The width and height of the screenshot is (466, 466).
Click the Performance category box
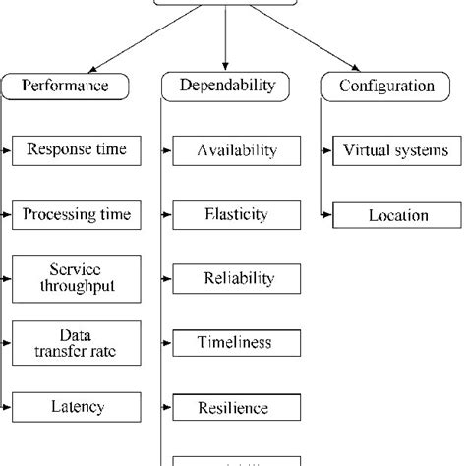pos(67,87)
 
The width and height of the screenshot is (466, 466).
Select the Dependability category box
pos(226,87)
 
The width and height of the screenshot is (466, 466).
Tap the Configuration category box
pos(385,87)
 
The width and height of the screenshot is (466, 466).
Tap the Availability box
pos(237,150)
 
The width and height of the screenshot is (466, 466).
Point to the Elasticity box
pos(237,214)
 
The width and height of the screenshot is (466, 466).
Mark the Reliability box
pos(237,278)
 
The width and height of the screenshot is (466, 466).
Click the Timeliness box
pos(237,343)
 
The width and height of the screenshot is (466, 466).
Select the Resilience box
pos(237,405)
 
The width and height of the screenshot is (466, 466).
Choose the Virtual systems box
pos(396,150)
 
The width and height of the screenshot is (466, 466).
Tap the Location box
pos(396,214)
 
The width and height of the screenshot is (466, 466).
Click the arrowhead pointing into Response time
pos(10,150)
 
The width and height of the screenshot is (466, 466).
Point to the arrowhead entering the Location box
pos(329,214)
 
